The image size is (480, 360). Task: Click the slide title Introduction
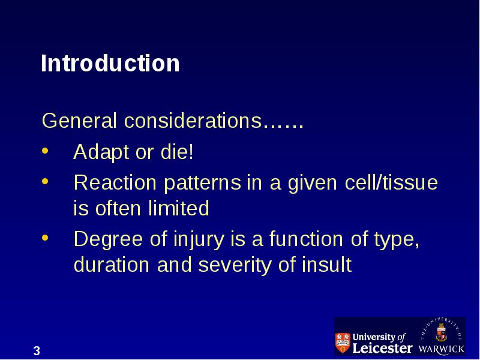tap(110, 63)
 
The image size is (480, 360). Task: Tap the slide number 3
tap(37, 351)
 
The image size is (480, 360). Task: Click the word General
tap(79, 121)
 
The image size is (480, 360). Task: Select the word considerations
tap(193, 121)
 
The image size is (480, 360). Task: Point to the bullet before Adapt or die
tap(45, 151)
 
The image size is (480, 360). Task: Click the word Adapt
tap(101, 152)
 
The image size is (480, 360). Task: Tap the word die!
tap(177, 152)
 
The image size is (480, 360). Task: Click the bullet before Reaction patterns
tap(45, 181)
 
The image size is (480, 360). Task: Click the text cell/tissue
tap(391, 182)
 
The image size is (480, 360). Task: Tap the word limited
tap(178, 208)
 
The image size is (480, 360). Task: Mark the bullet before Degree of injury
tap(45, 238)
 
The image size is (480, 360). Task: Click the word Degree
tap(108, 239)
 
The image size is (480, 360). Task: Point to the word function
tap(306, 238)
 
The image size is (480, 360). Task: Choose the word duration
tap(112, 265)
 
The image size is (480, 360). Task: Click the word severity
tap(235, 265)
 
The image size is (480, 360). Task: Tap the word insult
tap(326, 265)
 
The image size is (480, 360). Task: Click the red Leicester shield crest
tap(343, 342)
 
